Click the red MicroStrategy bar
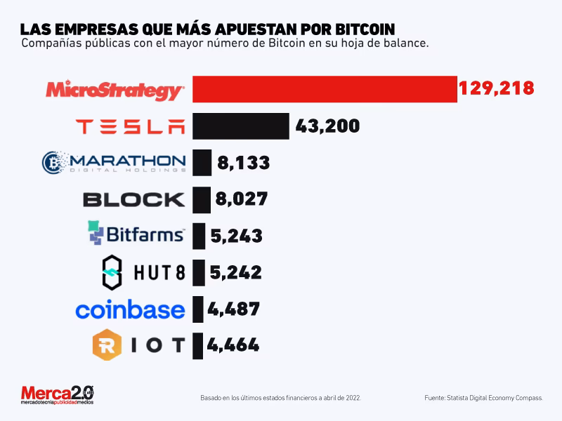pyautogui.click(x=324, y=89)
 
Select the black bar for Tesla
pyautogui.click(x=240, y=126)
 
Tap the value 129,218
pyautogui.click(x=496, y=89)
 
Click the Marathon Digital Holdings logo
pyautogui.click(x=114, y=162)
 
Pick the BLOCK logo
pyautogui.click(x=134, y=199)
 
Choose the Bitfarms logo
pyautogui.click(x=136, y=234)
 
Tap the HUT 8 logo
pyautogui.click(x=143, y=272)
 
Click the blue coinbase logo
pyautogui.click(x=130, y=309)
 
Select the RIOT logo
pyautogui.click(x=139, y=345)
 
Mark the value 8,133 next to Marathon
pyautogui.click(x=243, y=163)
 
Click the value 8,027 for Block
pyautogui.click(x=242, y=199)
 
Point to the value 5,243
pyautogui.click(x=236, y=236)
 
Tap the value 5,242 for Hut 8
pyautogui.click(x=235, y=272)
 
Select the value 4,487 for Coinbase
pyautogui.click(x=233, y=309)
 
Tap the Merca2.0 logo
pyautogui.click(x=56, y=394)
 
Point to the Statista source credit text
pyautogui.click(x=483, y=398)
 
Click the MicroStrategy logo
pyautogui.click(x=115, y=91)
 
